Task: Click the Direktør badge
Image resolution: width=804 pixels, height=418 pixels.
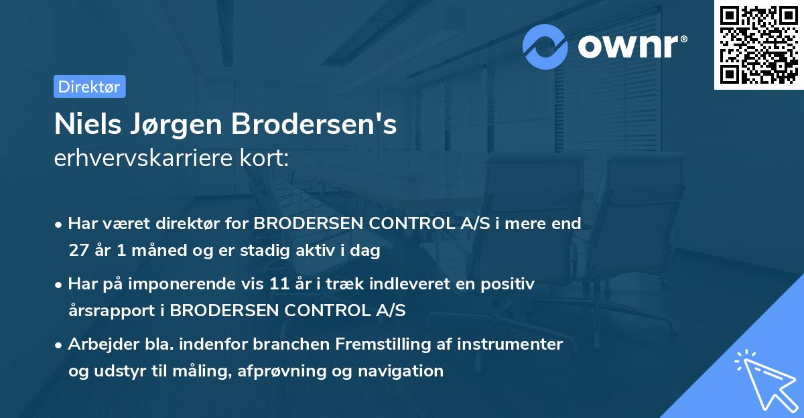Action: (89, 86)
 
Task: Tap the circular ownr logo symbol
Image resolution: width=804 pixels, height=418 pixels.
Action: (545, 46)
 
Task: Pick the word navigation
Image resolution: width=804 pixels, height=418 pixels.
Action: (402, 370)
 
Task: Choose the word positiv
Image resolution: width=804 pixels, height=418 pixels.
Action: (507, 285)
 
